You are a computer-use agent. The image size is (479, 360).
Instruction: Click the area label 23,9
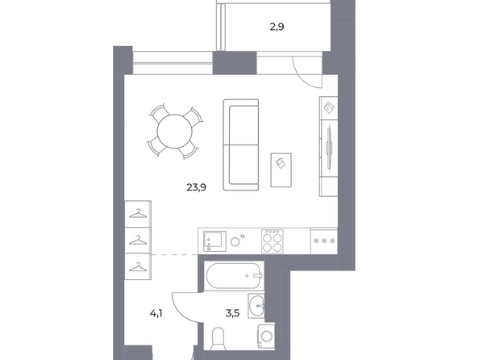pyautogui.click(x=196, y=187)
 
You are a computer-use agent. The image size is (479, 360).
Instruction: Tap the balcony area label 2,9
pyautogui.click(x=277, y=27)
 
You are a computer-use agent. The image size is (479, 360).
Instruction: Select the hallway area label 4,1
pyautogui.click(x=156, y=313)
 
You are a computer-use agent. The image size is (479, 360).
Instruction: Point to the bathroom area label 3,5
pyautogui.click(x=232, y=313)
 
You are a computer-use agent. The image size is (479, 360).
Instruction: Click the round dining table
pyautogui.click(x=175, y=132)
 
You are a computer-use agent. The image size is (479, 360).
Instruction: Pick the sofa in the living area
pyautogui.click(x=241, y=145)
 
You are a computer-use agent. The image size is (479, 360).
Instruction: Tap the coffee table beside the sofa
pyautogui.click(x=281, y=170)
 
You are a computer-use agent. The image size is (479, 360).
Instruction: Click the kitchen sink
pyautogui.click(x=215, y=241)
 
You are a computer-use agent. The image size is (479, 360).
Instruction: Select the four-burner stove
pyautogui.click(x=273, y=241)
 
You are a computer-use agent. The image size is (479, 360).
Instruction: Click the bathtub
pyautogui.click(x=234, y=275)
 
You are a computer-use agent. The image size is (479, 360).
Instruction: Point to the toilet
pyautogui.click(x=219, y=338)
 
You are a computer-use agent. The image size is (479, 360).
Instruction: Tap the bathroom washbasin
pyautogui.click(x=256, y=306)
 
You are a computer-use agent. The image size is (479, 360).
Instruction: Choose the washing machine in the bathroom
pyautogui.click(x=266, y=337)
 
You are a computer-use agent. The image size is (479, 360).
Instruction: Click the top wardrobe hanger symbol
pyautogui.click(x=138, y=214)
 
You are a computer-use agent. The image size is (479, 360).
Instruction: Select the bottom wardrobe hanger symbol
pyautogui.click(x=138, y=267)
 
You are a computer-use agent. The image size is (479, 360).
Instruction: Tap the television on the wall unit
pyautogui.click(x=329, y=148)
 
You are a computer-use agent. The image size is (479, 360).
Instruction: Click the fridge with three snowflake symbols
pyautogui.click(x=324, y=241)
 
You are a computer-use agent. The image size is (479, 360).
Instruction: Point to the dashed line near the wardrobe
pyautogui.click(x=175, y=254)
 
